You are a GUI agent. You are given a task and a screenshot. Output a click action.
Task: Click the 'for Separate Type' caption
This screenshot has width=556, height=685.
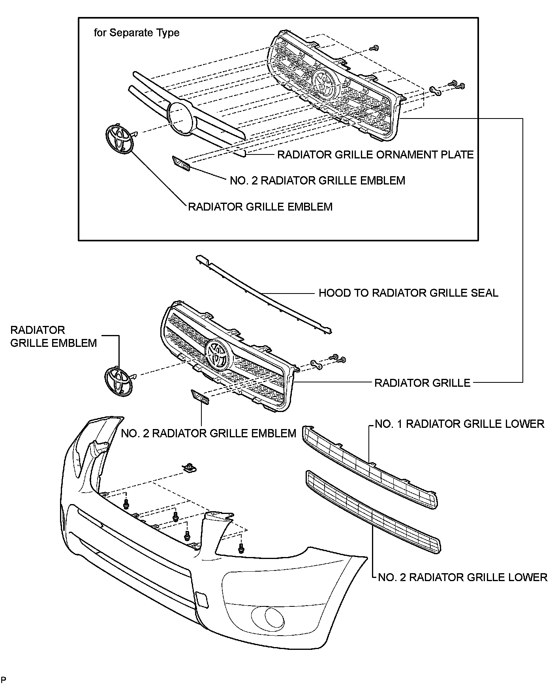click(x=137, y=33)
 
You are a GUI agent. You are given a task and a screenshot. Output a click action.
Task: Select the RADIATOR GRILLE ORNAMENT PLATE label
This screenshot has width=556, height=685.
click(x=375, y=154)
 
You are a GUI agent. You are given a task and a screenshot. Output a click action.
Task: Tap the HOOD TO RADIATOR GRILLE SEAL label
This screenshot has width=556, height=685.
click(x=408, y=293)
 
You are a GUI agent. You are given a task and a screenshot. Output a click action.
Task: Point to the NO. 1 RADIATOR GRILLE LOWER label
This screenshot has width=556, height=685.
click(x=459, y=424)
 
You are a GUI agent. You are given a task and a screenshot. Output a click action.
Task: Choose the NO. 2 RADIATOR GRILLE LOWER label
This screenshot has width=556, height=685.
click(x=462, y=577)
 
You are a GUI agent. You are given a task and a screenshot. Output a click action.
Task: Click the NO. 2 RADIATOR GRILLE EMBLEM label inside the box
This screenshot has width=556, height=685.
click(x=317, y=181)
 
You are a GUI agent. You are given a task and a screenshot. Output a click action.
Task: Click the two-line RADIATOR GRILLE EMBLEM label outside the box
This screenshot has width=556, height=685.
click(x=53, y=336)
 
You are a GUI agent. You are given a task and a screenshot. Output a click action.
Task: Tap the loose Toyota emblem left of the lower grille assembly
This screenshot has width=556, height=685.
click(x=117, y=381)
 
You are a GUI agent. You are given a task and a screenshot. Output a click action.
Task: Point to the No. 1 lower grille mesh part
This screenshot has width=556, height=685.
click(x=369, y=466)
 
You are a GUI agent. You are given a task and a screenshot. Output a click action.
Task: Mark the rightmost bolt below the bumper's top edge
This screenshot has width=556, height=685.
click(x=240, y=548)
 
